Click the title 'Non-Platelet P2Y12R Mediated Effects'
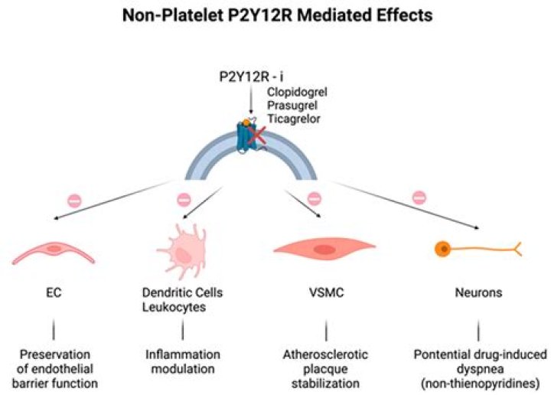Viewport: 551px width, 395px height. point(276,17)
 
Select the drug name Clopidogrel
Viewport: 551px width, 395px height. point(295,93)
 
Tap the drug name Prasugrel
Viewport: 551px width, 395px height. point(291,106)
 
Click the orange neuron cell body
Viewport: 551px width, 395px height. point(442,248)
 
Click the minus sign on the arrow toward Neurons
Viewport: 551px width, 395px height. point(419,197)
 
